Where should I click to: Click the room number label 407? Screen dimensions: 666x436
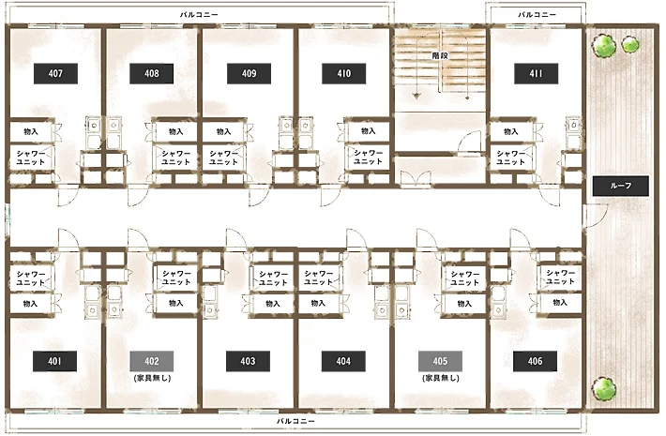point(55,73)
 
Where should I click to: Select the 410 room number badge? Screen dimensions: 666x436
point(343,73)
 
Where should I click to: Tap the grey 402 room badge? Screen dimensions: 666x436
point(152,361)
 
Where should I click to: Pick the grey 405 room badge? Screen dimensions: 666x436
point(440,361)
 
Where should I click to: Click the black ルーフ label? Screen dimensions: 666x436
point(621,186)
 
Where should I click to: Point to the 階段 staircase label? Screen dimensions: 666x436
point(440,55)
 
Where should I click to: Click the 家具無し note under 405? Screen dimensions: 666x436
point(441,378)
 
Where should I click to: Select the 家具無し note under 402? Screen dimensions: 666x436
point(152,378)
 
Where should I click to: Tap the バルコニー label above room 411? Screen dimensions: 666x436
point(537,14)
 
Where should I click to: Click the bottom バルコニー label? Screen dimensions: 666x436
point(295,421)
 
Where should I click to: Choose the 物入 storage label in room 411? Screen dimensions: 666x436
point(510,131)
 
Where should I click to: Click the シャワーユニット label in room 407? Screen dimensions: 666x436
point(31,158)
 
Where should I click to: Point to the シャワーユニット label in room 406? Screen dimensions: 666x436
point(560,277)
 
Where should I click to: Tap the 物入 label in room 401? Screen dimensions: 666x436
point(30,304)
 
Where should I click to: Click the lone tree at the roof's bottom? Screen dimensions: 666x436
point(603,389)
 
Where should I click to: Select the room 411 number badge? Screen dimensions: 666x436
point(536,73)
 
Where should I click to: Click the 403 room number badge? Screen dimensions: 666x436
point(248,361)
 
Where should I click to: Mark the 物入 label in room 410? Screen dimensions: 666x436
point(368,131)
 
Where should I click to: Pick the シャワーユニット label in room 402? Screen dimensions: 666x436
point(175,278)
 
